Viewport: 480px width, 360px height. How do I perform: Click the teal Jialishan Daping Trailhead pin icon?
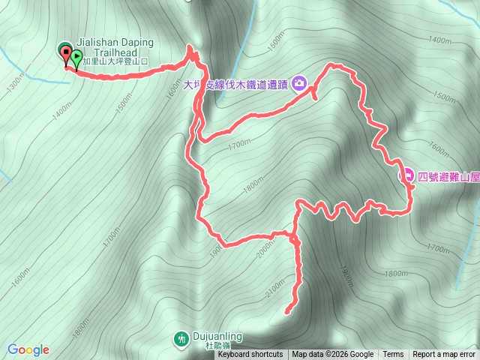click(63, 49)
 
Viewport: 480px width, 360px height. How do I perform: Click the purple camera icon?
click(300, 82)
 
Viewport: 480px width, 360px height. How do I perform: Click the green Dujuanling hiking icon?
click(181, 339)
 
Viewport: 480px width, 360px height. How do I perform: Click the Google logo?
click(28, 349)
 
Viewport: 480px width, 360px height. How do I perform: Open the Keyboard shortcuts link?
click(250, 355)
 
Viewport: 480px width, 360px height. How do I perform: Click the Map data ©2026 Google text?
click(333, 355)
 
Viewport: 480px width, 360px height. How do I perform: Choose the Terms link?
click(393, 355)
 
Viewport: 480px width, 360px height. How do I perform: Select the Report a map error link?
click(444, 355)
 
